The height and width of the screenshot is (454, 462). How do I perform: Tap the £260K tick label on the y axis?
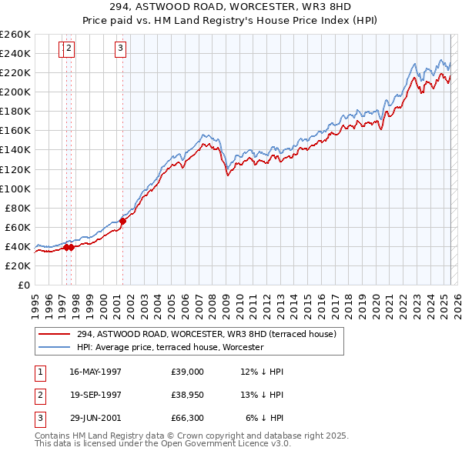pos(15,35)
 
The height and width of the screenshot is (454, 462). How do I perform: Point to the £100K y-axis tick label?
pos(15,189)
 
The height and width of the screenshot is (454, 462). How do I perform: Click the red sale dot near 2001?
pos(122,221)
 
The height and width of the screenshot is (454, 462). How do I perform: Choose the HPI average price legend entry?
pos(169,348)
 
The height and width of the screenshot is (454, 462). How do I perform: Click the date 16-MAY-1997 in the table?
pos(95,372)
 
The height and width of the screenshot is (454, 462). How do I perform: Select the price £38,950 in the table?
pos(188,396)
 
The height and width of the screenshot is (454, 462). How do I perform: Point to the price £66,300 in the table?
pos(188,419)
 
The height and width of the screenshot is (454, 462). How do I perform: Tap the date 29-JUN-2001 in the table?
pos(95,419)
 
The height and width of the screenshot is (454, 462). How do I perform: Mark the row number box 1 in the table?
pos(39,372)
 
